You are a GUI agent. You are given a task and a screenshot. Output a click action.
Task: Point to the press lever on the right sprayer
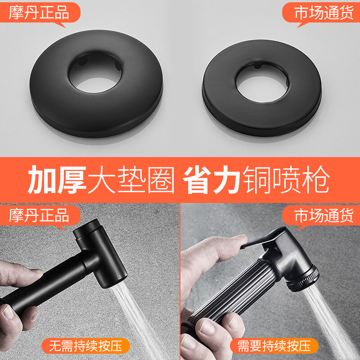[265, 238]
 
